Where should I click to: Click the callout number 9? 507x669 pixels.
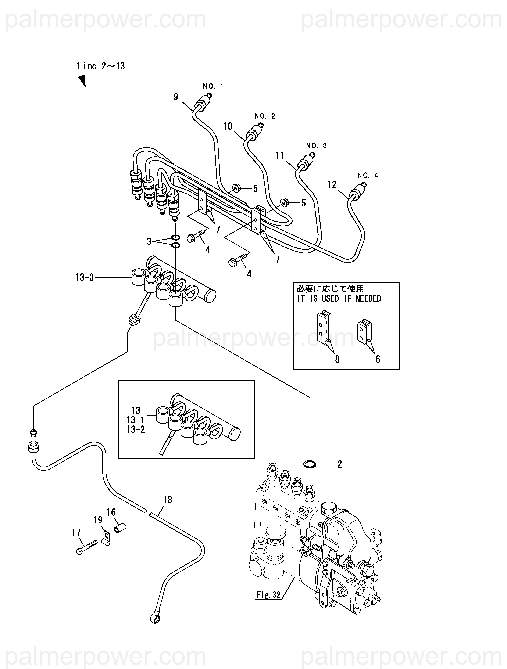(176, 97)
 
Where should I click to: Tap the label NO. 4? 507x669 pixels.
(368, 175)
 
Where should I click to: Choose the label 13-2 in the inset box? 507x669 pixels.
(136, 429)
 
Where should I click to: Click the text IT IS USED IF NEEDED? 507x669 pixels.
(339, 299)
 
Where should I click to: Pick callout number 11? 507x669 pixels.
(279, 155)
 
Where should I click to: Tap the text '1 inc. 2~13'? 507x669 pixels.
(101, 66)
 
